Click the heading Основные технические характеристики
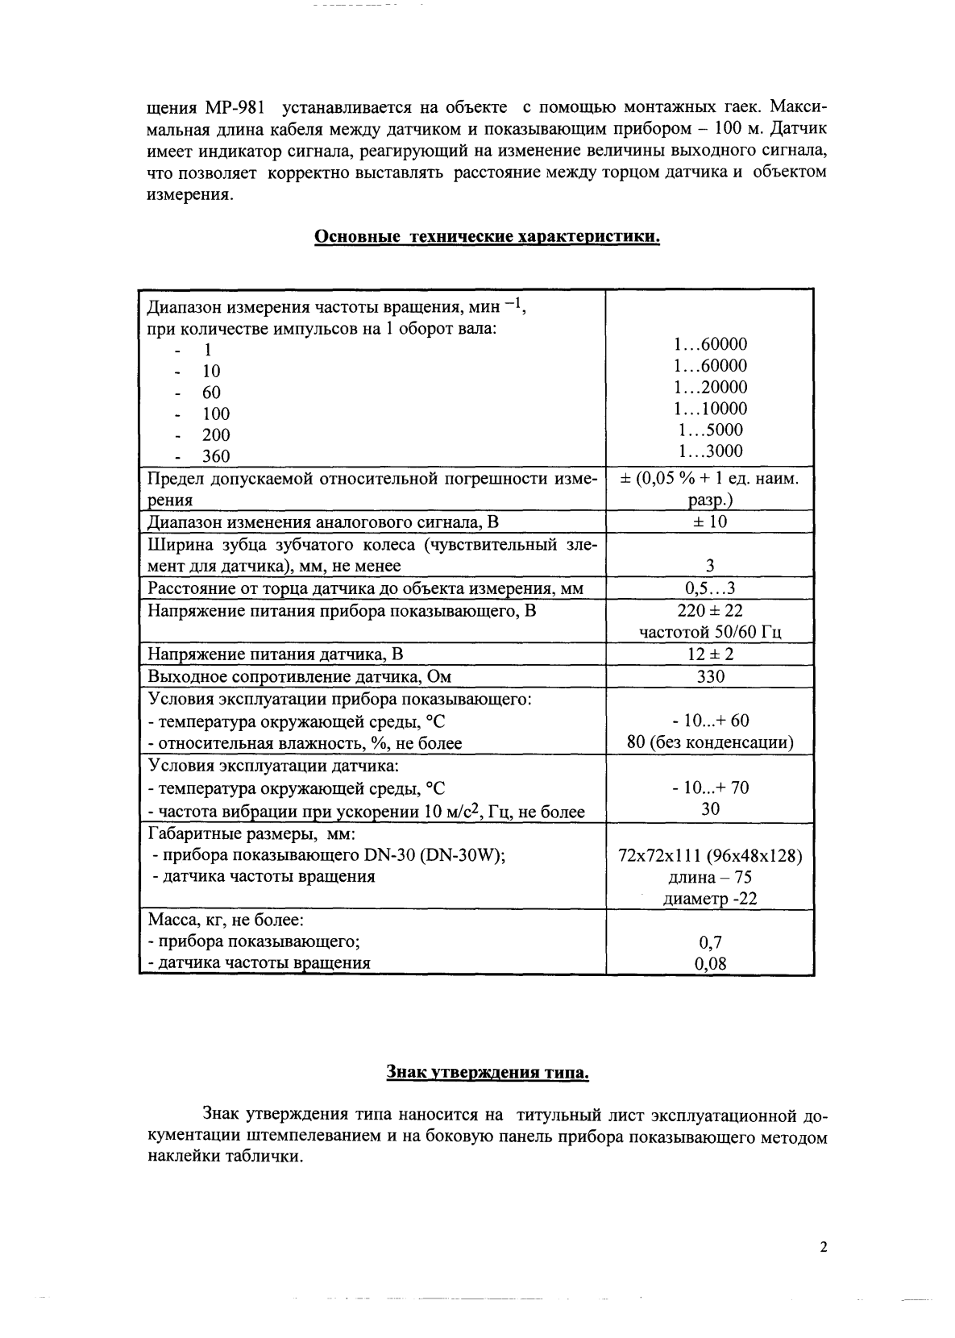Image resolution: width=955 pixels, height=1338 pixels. coord(487,237)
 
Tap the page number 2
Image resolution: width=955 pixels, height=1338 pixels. coord(823,1248)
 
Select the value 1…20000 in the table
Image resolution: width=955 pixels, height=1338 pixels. coord(710,387)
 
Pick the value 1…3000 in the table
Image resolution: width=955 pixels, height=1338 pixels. coord(710,451)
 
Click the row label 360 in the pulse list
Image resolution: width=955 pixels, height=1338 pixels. coord(215,456)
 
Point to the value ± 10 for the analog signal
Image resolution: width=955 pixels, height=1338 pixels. coord(710,521)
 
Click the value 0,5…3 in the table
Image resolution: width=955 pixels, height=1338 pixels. coord(710,588)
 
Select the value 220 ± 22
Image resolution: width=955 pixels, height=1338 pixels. coord(710,611)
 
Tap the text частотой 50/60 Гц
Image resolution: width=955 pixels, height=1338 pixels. coord(710,632)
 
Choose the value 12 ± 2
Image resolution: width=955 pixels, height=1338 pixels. coord(710,654)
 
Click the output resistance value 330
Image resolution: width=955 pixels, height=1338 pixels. coord(710,676)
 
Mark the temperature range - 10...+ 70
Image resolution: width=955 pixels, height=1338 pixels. coord(710,787)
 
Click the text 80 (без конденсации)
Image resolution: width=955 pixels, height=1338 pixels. coord(710,742)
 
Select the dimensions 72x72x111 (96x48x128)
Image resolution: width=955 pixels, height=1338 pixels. coord(710,856)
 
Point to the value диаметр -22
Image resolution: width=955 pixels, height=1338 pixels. coord(710,900)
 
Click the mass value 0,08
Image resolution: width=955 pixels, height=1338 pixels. coord(710,962)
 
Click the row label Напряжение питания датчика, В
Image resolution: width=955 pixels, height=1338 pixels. coord(275,654)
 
